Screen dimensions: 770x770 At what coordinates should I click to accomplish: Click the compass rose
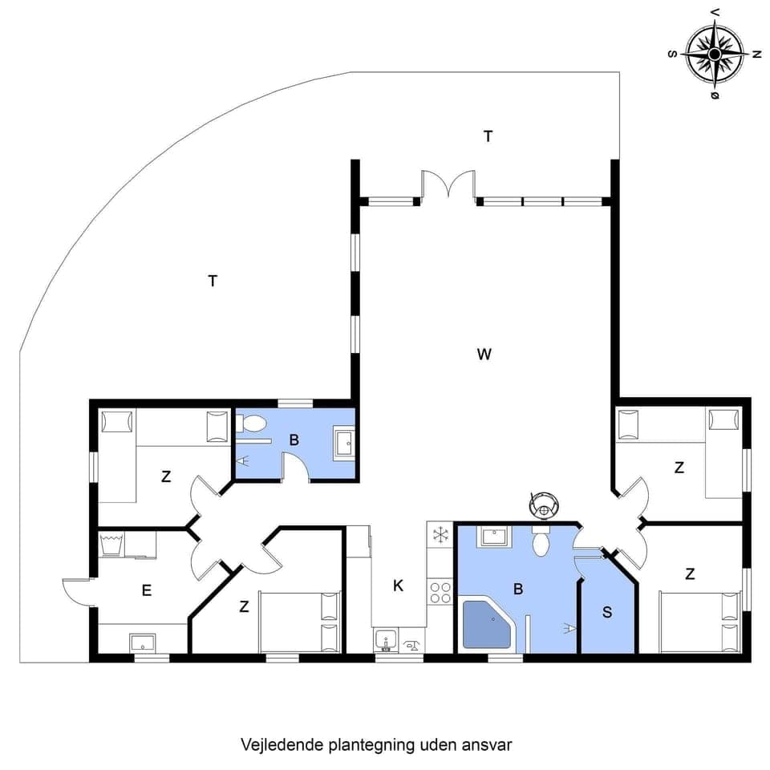[x=714, y=54]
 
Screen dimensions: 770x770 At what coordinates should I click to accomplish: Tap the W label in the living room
[x=484, y=354]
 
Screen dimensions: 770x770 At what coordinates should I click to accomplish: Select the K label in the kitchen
[x=398, y=586]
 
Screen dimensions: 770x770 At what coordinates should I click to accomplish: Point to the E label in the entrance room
[x=146, y=591]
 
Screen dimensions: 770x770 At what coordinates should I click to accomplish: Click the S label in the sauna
[x=607, y=612]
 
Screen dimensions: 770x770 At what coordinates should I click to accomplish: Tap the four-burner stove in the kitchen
[x=440, y=593]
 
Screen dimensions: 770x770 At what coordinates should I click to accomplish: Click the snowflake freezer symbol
[x=440, y=533]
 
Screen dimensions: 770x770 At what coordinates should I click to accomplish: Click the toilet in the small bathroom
[x=254, y=423]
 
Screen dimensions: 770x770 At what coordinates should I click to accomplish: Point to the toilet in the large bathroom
[x=541, y=542]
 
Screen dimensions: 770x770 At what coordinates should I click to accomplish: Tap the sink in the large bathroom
[x=492, y=537]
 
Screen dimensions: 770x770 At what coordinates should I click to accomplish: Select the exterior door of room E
[x=77, y=593]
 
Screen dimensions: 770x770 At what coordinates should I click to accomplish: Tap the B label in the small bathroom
[x=294, y=440]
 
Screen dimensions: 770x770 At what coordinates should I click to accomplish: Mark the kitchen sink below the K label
[x=386, y=642]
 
